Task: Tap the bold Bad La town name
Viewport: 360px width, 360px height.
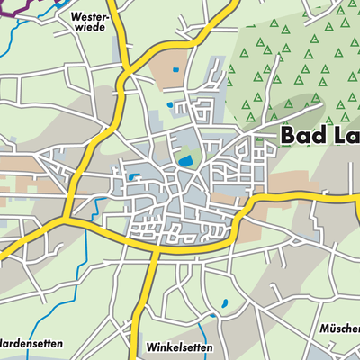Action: (319, 135)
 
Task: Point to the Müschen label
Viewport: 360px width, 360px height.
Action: (340, 329)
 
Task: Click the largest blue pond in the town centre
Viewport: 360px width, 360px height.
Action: (186, 161)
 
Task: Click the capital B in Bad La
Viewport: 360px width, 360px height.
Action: (290, 135)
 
